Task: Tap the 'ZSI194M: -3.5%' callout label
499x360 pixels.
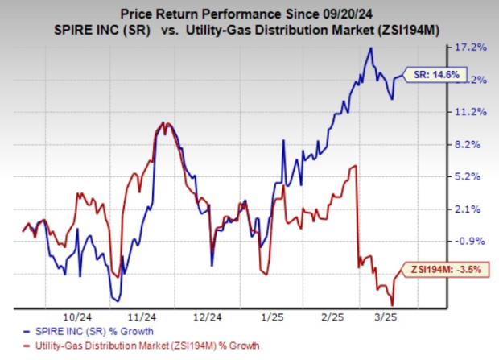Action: click(446, 271)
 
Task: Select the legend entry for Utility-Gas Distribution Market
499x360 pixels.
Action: click(132, 346)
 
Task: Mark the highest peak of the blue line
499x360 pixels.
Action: click(370, 48)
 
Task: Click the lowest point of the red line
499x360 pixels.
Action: click(392, 304)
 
